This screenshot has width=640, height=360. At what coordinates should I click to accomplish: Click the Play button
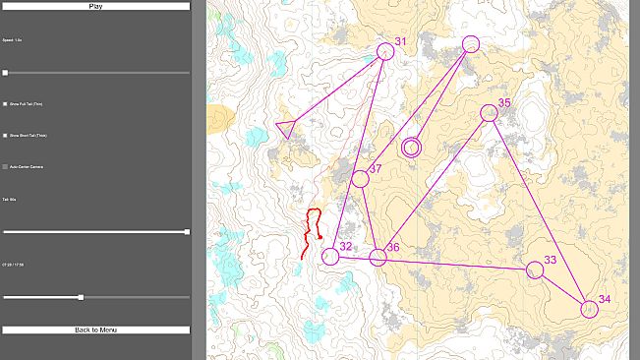[95, 6]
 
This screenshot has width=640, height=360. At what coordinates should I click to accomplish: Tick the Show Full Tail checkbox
[5, 103]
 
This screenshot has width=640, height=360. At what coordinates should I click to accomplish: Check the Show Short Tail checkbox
[5, 135]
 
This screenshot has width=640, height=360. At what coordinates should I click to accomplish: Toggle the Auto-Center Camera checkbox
[5, 166]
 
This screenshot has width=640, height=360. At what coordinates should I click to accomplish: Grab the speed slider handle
[5, 73]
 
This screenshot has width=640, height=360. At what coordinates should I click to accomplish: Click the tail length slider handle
[187, 232]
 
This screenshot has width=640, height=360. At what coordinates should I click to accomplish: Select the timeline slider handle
[81, 297]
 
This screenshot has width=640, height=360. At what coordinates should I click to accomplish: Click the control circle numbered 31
[385, 51]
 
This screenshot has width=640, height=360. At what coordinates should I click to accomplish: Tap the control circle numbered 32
[330, 257]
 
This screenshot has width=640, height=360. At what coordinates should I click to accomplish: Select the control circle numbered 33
[535, 270]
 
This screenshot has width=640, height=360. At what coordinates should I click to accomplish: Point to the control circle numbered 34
[589, 309]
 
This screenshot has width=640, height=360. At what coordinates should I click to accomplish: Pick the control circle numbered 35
[489, 113]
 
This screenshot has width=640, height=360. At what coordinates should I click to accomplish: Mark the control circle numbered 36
[378, 258]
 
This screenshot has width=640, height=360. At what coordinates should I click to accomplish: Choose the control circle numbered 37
[360, 179]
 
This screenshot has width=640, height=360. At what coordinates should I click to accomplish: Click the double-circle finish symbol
[411, 148]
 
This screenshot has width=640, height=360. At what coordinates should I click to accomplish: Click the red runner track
[314, 232]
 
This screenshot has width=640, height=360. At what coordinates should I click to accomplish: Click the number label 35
[504, 102]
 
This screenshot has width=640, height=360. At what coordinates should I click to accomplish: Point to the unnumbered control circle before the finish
[470, 44]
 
